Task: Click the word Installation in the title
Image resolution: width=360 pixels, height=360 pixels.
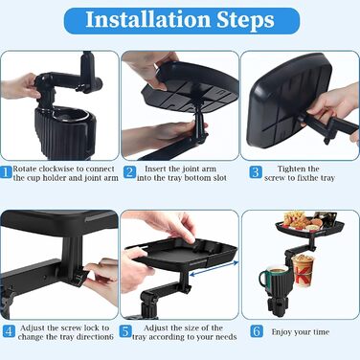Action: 148,20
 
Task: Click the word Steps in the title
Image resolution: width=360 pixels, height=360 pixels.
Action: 246,21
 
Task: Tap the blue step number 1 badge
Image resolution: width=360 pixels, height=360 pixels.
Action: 6,172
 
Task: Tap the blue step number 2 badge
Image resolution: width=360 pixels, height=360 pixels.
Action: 129,172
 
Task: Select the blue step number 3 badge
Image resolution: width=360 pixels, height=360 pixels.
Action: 256,172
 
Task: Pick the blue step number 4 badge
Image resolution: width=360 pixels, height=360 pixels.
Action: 9,331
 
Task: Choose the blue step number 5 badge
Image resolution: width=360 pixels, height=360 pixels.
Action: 125,331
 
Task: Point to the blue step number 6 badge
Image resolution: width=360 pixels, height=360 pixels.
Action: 257,331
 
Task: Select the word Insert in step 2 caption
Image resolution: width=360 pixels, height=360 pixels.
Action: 155,169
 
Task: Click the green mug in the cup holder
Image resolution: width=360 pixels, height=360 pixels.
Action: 271,277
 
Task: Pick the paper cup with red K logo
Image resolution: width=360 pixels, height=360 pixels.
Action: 304,270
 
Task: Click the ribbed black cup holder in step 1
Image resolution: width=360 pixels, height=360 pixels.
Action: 65,132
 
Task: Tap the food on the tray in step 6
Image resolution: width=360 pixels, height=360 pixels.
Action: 304,220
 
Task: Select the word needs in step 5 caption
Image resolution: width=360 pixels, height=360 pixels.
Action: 226,337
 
